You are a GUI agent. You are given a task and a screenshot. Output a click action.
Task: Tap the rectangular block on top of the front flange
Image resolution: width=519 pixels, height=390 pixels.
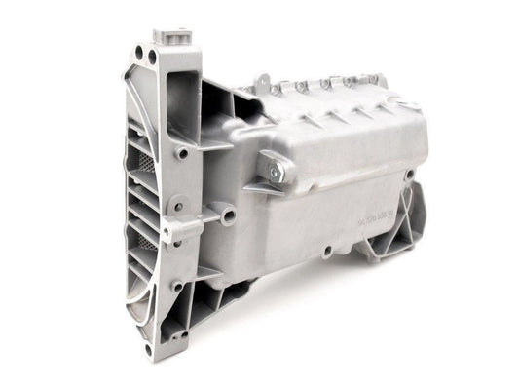172,37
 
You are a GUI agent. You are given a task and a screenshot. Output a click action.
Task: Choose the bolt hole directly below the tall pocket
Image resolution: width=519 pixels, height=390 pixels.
183,153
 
